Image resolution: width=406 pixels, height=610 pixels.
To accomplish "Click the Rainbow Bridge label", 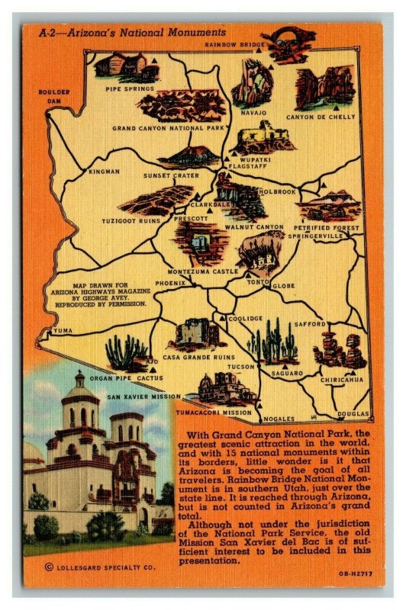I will click(x=234, y=45).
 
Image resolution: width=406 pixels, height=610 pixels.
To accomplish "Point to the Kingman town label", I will click(x=104, y=172).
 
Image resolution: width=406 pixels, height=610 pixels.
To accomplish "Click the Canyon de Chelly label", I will click(x=321, y=117).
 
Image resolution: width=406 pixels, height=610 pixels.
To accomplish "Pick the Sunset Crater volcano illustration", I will click(x=188, y=156).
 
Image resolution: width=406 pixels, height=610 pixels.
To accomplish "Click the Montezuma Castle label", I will click(x=192, y=271).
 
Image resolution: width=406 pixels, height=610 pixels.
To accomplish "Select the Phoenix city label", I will click(x=170, y=283).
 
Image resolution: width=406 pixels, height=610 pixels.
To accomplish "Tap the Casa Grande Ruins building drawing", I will click(x=196, y=334).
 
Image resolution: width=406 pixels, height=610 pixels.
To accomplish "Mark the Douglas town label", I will click(x=355, y=414).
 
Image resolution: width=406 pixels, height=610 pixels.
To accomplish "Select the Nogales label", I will click(x=278, y=419).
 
